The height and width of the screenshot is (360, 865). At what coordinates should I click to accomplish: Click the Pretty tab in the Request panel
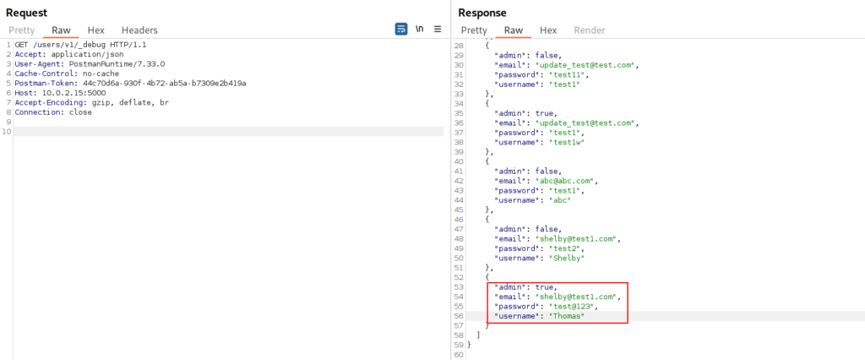(21, 30)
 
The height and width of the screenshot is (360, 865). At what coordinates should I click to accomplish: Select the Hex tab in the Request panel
(96, 30)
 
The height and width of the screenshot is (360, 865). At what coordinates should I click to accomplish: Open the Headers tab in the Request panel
(139, 30)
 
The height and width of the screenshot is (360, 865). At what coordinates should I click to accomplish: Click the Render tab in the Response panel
(589, 30)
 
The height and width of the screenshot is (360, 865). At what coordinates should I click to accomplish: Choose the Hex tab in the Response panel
(548, 30)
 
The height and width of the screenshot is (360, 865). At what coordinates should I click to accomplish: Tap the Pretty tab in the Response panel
(474, 30)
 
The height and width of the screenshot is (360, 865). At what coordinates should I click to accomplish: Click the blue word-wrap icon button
(401, 30)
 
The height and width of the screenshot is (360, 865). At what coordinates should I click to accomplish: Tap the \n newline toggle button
(419, 30)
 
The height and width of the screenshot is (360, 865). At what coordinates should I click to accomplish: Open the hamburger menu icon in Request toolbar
(438, 30)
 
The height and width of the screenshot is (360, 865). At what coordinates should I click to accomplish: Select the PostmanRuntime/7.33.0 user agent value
(117, 64)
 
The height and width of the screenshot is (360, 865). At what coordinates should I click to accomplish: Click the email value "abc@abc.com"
(562, 181)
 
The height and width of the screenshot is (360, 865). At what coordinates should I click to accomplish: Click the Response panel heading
(482, 13)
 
